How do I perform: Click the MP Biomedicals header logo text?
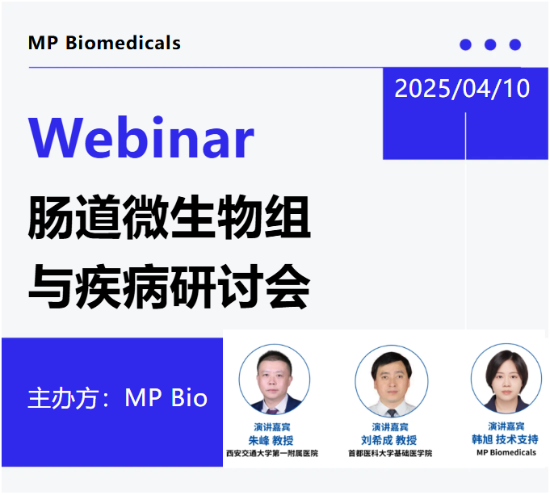[104, 43]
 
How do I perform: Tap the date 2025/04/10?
[462, 88]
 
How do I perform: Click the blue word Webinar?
[141, 137]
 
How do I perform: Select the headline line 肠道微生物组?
[169, 216]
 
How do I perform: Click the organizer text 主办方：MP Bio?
[118, 398]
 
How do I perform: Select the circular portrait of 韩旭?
[506, 378]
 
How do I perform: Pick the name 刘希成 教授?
[390, 440]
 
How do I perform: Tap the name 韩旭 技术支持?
[506, 439]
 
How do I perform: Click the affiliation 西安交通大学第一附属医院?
[271, 454]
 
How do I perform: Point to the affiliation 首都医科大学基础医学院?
[390, 454]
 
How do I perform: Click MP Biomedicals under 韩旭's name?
[506, 453]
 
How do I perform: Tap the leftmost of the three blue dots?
[465, 44]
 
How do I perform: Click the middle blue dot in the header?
[490, 44]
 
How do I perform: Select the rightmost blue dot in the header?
[515, 44]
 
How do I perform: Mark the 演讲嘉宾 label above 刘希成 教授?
[390, 426]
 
